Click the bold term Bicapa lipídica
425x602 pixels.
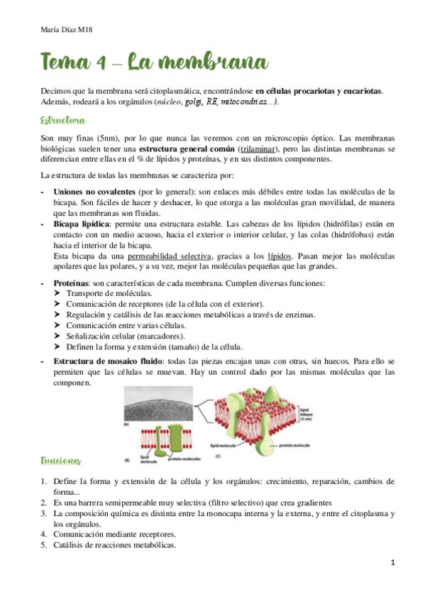[82, 224]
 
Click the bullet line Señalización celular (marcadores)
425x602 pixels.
[125, 336]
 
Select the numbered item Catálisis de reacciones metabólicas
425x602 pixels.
[115, 545]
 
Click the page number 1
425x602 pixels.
[392, 562]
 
